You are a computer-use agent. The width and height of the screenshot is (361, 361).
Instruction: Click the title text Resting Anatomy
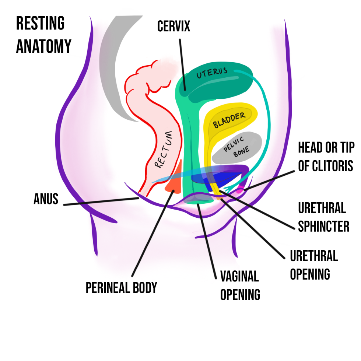pyautogui.click(x=43, y=35)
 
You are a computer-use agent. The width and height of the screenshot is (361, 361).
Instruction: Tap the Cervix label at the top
pyautogui.click(x=174, y=26)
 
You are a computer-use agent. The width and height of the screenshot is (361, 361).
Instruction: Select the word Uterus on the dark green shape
pyautogui.click(x=211, y=73)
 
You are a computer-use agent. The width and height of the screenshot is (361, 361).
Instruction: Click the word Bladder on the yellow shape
pyautogui.click(x=229, y=120)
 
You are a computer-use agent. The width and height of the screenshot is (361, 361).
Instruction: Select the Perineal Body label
pyautogui.click(x=121, y=288)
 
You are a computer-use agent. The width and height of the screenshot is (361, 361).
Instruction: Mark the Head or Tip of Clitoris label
pyautogui.click(x=326, y=157)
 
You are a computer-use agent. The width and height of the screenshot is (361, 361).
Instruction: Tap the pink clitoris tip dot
pyautogui.click(x=240, y=190)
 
